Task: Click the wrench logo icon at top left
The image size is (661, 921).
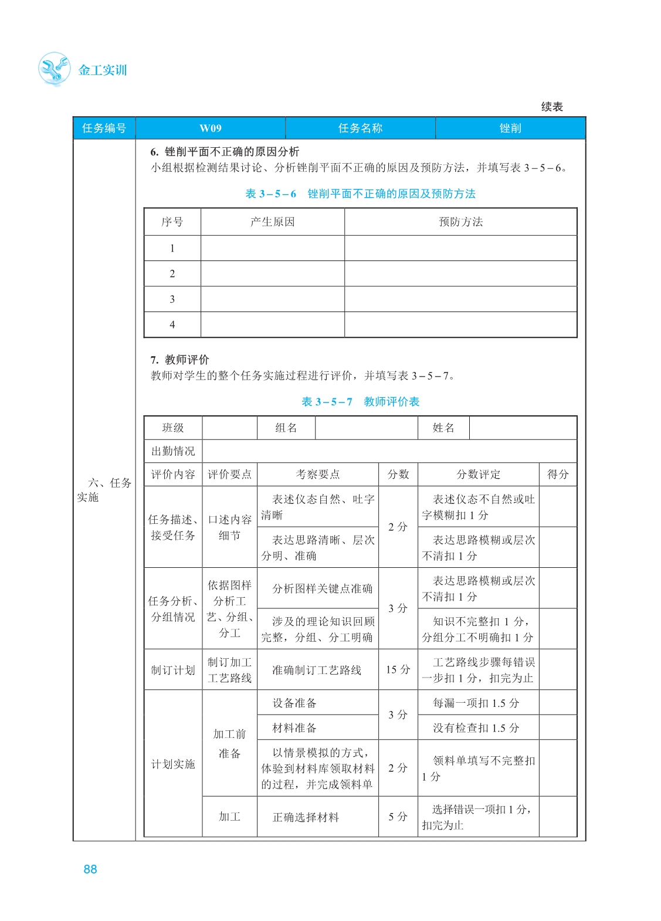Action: click(54, 69)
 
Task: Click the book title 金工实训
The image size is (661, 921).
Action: click(103, 70)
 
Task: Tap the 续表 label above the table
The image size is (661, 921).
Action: click(551, 107)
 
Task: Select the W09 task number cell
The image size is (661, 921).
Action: click(210, 128)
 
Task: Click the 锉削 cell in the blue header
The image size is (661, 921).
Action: click(510, 128)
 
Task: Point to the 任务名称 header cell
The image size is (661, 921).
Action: click(360, 128)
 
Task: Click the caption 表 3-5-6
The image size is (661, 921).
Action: click(270, 194)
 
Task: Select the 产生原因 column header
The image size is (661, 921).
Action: click(272, 222)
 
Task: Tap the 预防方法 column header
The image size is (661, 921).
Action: click(460, 222)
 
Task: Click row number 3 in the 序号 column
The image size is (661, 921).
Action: click(172, 299)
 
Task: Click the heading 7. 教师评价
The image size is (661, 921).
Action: click(179, 360)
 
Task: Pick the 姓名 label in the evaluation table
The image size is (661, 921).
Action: click(443, 428)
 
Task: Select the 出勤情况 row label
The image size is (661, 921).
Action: click(173, 451)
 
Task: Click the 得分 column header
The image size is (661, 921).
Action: click(558, 475)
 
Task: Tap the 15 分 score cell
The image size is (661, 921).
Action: click(398, 669)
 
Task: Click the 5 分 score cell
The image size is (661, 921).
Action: click(398, 817)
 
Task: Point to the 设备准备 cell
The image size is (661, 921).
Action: click(294, 703)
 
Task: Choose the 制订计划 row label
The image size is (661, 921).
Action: click(173, 670)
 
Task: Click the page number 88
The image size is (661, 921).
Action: click(90, 869)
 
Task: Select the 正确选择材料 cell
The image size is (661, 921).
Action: click(306, 817)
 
